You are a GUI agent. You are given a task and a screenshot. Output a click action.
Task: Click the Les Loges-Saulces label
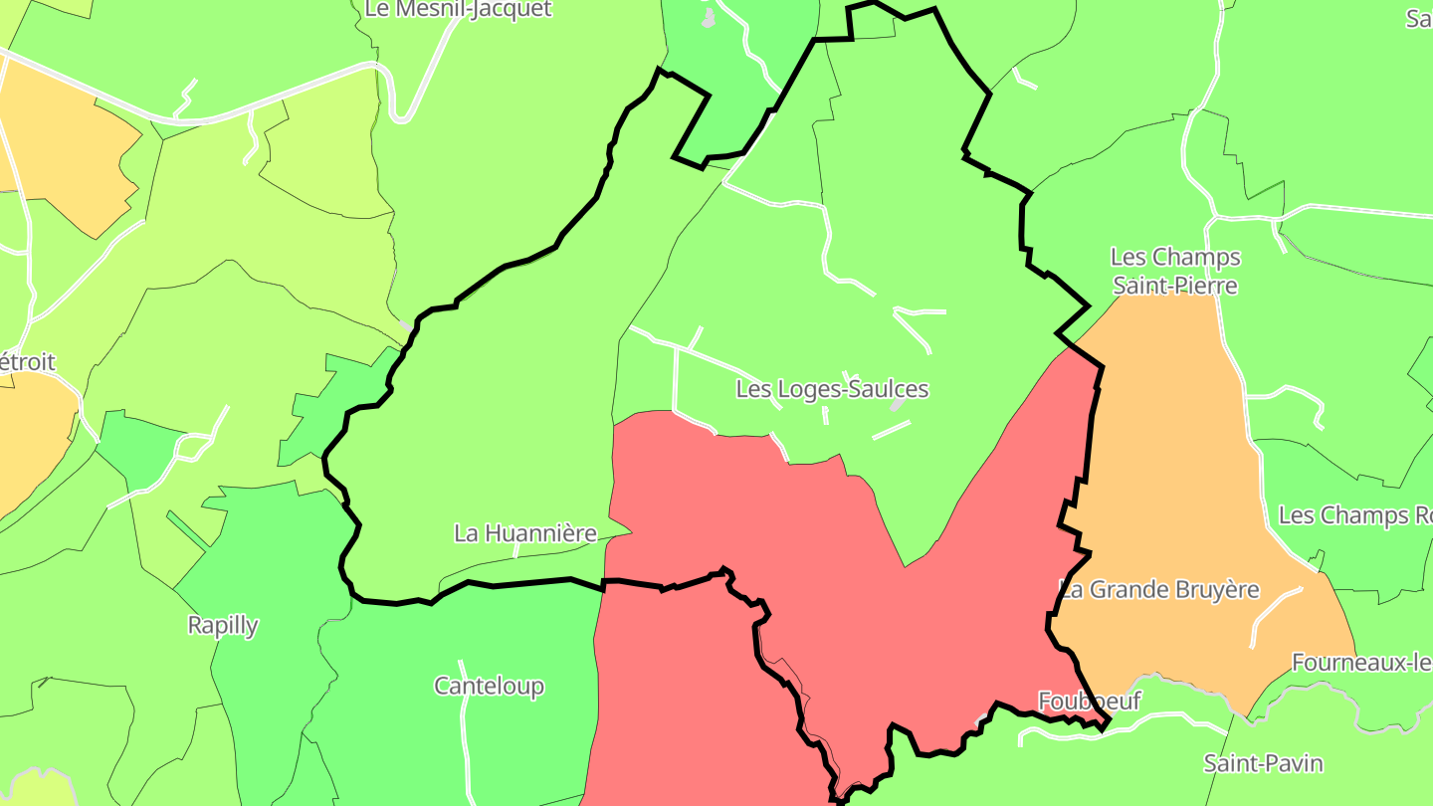click(x=832, y=389)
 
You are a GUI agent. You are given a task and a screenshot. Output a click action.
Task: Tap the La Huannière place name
click(x=524, y=533)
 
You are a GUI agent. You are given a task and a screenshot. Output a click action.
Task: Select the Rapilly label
click(x=223, y=626)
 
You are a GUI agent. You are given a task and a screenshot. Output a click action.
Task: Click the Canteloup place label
click(x=489, y=686)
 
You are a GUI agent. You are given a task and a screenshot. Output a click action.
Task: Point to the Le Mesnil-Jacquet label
click(x=458, y=10)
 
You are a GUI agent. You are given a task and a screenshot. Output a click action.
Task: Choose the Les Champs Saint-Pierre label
click(x=1175, y=272)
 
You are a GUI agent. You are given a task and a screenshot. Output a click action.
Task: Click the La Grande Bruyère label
click(x=1159, y=589)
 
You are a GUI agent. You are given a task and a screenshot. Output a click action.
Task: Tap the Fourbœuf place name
click(x=1089, y=701)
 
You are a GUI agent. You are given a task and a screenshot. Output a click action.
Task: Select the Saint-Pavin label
click(x=1263, y=763)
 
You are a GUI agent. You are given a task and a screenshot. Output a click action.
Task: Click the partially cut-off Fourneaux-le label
click(x=1361, y=662)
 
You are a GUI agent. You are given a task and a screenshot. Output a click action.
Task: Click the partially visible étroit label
click(x=27, y=362)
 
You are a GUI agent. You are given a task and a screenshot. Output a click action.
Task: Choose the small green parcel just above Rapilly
click(x=139, y=448)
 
